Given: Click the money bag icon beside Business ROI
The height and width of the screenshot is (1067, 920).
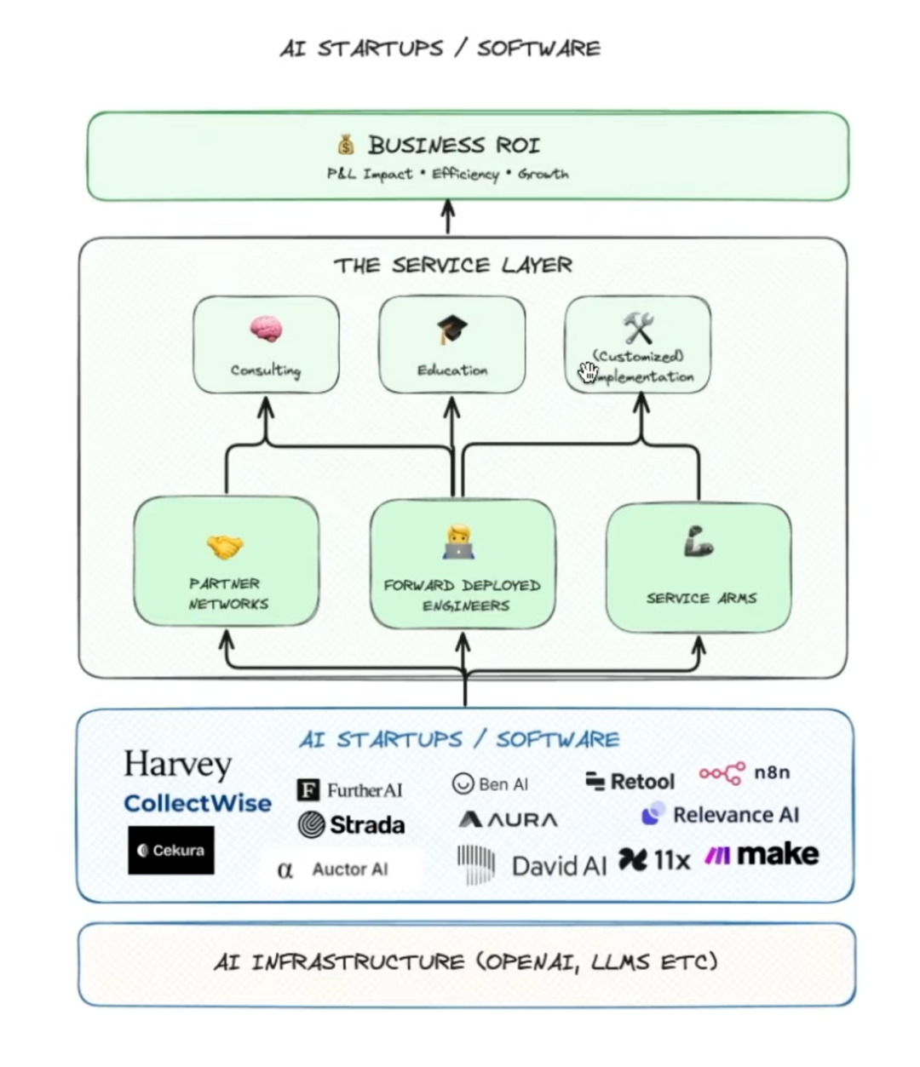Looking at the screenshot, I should click(x=345, y=144).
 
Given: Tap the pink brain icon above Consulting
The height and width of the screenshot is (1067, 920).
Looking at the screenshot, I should click(x=266, y=329).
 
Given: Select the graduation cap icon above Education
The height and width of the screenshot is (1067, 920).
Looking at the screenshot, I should click(x=451, y=329).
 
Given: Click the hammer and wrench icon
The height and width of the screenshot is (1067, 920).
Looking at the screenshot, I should click(x=638, y=328).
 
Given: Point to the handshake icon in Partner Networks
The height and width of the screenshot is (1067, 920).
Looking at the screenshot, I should click(x=225, y=547).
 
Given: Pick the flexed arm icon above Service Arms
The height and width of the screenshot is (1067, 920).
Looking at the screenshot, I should click(x=699, y=542).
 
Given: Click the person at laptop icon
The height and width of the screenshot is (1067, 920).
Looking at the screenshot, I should click(x=458, y=542).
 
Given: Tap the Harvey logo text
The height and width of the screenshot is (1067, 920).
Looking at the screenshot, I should click(x=177, y=764).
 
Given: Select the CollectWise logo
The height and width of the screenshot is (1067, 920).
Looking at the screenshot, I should click(x=198, y=803).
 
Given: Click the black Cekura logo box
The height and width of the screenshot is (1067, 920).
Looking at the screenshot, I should click(x=171, y=850).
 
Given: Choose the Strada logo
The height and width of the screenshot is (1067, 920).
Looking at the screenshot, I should click(x=351, y=824).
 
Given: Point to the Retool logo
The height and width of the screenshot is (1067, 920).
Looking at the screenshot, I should click(x=630, y=781).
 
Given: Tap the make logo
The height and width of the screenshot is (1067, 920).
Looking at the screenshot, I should click(x=762, y=854).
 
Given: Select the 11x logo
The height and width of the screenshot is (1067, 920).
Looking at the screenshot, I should click(x=654, y=860).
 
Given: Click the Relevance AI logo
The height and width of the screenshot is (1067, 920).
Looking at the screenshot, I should click(x=721, y=815).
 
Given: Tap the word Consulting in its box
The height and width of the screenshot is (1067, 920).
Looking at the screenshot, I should click(x=266, y=370).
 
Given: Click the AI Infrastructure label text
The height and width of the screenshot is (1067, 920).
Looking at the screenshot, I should click(x=466, y=962).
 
